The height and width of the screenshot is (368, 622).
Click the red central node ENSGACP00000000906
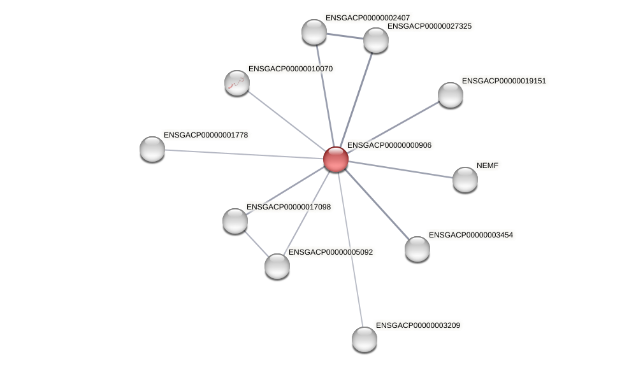[336, 159]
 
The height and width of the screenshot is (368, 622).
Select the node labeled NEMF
[465, 180]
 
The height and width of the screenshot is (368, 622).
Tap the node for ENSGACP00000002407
[314, 32]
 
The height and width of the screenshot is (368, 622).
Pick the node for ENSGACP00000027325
[376, 40]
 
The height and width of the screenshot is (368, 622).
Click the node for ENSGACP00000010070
[237, 83]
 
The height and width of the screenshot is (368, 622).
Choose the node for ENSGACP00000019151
[451, 95]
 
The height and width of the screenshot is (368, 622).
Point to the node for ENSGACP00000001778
[152, 149]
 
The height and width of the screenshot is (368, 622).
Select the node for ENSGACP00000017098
[235, 221]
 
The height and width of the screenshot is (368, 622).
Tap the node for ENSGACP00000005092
[277, 266]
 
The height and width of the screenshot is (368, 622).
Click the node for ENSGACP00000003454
[417, 249]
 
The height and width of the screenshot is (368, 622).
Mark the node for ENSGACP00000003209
[365, 339]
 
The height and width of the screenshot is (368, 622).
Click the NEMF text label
[488, 166]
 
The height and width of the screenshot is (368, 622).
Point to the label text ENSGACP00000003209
[417, 325]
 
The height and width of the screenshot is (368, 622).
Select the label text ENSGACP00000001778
[205, 135]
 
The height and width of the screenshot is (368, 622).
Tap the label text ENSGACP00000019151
[503, 81]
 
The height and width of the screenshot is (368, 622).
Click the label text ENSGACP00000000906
[389, 145]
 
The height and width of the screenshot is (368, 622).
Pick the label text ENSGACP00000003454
[470, 235]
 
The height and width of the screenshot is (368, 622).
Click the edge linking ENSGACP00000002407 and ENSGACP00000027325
[345, 36]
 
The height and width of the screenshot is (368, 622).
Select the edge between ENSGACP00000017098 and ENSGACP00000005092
[256, 244]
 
